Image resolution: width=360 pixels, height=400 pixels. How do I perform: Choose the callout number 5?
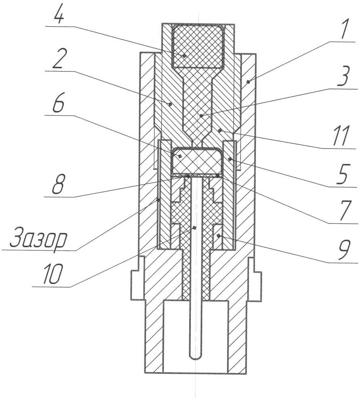click(x=343, y=175)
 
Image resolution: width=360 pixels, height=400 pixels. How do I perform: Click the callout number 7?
click(x=344, y=211)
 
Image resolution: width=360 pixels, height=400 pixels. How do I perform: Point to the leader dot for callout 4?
click(x=184, y=56)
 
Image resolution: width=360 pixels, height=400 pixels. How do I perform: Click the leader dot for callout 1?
click(x=248, y=82)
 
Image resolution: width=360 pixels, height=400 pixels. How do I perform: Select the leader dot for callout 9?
click(x=218, y=236)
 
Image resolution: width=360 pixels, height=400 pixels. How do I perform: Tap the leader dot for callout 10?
click(x=194, y=227)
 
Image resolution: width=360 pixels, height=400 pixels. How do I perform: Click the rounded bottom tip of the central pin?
click(x=195, y=359)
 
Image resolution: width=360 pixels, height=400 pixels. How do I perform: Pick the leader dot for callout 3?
click(x=201, y=116)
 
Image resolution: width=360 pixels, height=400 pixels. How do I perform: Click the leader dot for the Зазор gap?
click(x=158, y=200)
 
